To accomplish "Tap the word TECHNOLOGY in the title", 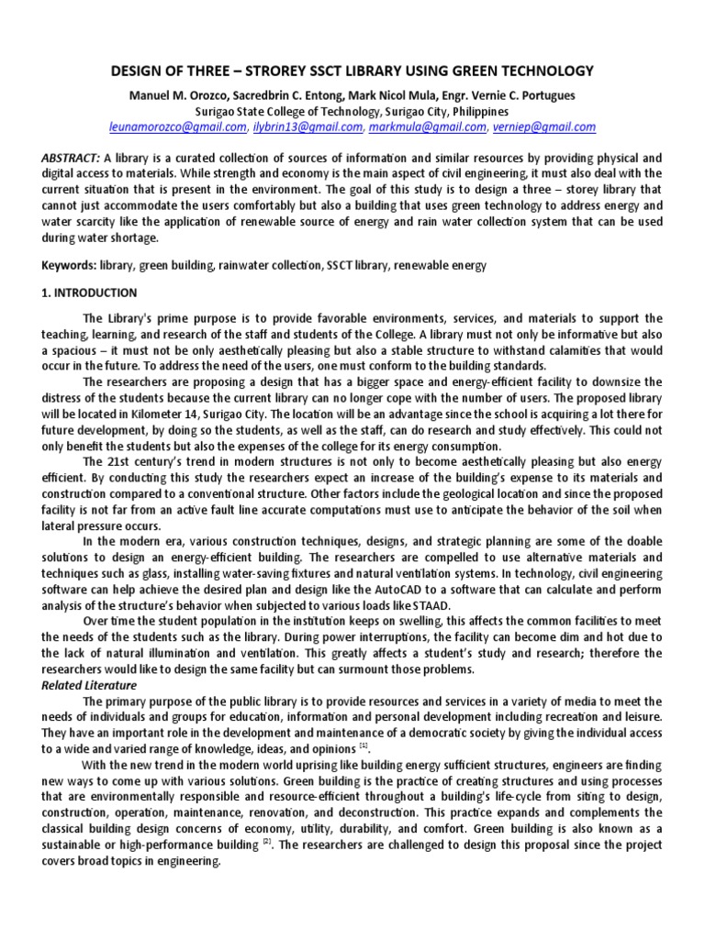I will tap(543, 71).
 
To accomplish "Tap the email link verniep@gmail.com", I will tap(543, 127).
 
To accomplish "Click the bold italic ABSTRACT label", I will tap(72, 157).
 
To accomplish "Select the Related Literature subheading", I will tap(88, 684).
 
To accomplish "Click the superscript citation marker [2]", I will tap(266, 844).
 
